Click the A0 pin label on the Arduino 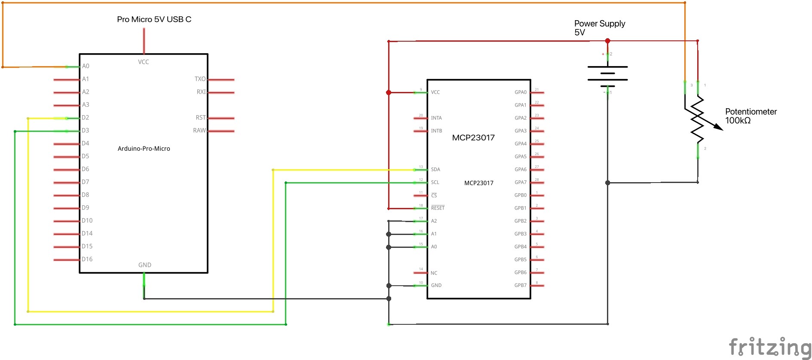tap(86, 66)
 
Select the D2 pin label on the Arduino tap(86, 118)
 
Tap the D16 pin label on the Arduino tap(87, 259)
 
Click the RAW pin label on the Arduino tap(199, 131)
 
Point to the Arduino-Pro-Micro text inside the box tap(144, 149)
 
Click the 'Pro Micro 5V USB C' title tap(154, 19)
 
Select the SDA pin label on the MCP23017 tap(435, 170)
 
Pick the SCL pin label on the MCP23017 tap(435, 183)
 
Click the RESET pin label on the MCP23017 tap(438, 208)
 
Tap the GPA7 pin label tap(520, 183)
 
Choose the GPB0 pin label tap(520, 195)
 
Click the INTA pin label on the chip tap(436, 118)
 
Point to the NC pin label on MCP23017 tap(434, 273)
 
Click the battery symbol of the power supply tap(607, 73)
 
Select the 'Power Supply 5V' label tap(599, 27)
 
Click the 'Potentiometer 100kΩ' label tap(751, 116)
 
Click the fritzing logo tap(769, 347)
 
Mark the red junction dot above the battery tap(607, 41)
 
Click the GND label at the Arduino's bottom tap(144, 265)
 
